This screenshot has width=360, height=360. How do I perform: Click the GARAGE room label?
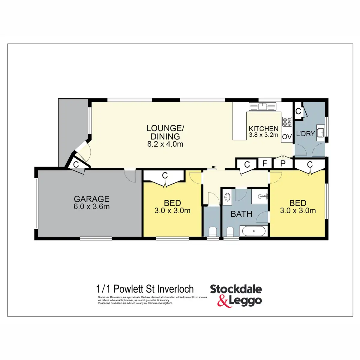tap(91, 199)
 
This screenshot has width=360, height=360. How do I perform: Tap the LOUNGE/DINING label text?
tap(165, 132)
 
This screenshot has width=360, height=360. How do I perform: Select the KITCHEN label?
tap(263, 129)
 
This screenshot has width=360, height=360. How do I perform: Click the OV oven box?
tap(287, 137)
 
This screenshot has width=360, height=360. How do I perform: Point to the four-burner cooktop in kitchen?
tap(287, 121)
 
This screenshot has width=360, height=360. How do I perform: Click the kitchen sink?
tap(263, 106)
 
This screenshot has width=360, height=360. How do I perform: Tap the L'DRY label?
tap(305, 133)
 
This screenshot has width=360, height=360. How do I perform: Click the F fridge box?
tap(265, 164)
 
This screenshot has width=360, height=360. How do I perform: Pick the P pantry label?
tap(282, 164)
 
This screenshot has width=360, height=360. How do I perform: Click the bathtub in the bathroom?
tap(254, 231)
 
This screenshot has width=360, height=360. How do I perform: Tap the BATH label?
tap(241, 214)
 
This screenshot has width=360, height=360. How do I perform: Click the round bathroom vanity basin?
tap(227, 197)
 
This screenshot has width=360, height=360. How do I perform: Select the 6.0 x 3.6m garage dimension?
tap(91, 207)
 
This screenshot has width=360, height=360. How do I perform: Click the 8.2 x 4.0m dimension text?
tap(165, 144)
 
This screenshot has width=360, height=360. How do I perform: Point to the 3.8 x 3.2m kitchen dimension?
tap(263, 135)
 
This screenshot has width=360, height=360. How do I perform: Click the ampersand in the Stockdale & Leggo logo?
tap(223, 301)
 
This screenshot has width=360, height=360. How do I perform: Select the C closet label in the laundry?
tap(298, 111)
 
